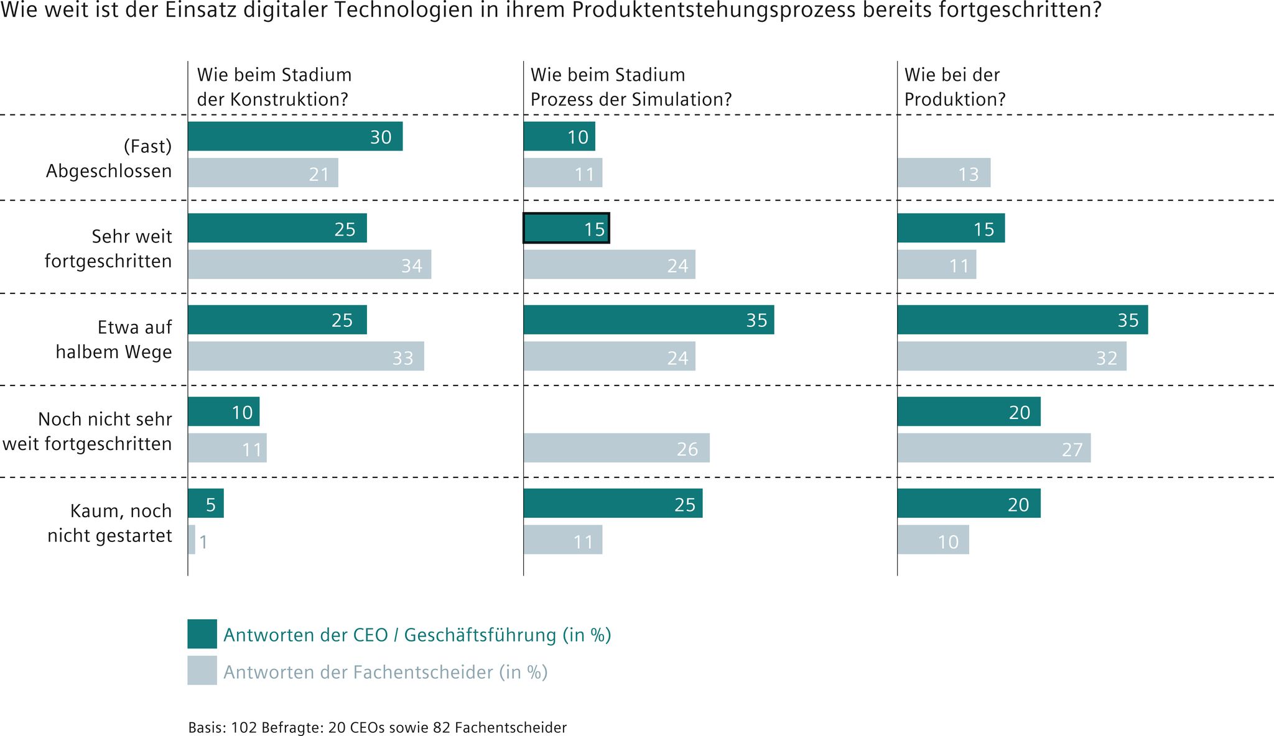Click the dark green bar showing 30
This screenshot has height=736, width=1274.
click(295, 136)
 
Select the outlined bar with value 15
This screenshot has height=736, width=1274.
click(566, 228)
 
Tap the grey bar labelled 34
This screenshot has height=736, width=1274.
click(309, 264)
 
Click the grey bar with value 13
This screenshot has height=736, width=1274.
click(944, 173)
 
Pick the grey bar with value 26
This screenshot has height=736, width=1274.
click(616, 448)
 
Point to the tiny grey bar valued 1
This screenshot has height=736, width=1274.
click(192, 540)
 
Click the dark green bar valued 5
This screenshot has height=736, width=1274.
click(205, 504)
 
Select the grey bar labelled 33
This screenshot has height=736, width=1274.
click(305, 356)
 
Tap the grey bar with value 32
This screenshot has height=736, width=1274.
click(1011, 356)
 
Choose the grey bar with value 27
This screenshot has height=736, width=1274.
click(993, 448)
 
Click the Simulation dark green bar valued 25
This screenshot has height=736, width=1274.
click(613, 504)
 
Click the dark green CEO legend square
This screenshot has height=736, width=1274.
click(202, 634)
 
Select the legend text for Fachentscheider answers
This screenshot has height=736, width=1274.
click(385, 672)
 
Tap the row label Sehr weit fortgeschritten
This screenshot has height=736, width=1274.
click(109, 248)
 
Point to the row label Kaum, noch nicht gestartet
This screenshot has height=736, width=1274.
click(110, 523)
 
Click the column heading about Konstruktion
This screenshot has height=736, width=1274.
click(274, 87)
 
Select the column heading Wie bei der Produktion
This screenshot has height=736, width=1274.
click(954, 87)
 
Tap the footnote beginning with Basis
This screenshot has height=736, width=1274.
click(377, 727)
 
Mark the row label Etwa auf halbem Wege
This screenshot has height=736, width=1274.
click(114, 339)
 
